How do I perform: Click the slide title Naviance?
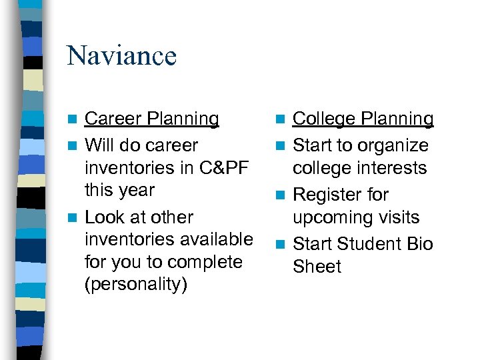(121, 55)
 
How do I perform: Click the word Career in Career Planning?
(113, 119)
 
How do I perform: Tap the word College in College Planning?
(323, 119)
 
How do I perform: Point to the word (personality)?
(136, 284)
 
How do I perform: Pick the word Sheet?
(317, 267)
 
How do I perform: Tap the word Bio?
(419, 244)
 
